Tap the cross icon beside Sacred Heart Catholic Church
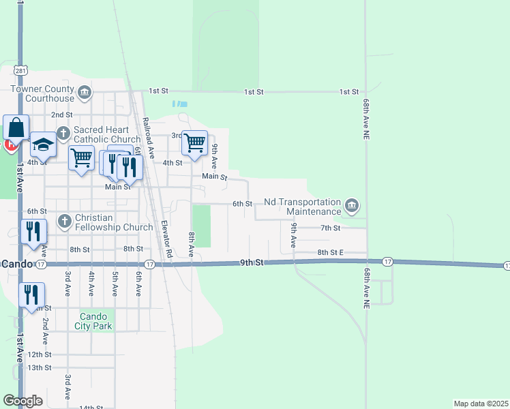pyautogui.click(x=63, y=134)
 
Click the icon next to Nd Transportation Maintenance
pyautogui.click(x=352, y=206)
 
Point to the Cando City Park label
pyautogui.click(x=95, y=321)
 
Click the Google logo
pyautogui.click(x=22, y=401)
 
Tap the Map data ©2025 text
pyautogui.click(x=480, y=404)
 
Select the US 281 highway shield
pyautogui.click(x=20, y=70)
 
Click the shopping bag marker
pyautogui.click(x=16, y=128)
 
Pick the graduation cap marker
pyautogui.click(x=42, y=145)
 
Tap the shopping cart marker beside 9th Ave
pyautogui.click(x=194, y=143)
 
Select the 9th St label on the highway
pyautogui.click(x=251, y=262)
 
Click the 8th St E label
pyautogui.click(x=331, y=252)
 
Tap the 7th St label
pyautogui.click(x=330, y=228)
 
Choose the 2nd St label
pyautogui.click(x=61, y=115)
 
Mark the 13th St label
pyautogui.click(x=40, y=367)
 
